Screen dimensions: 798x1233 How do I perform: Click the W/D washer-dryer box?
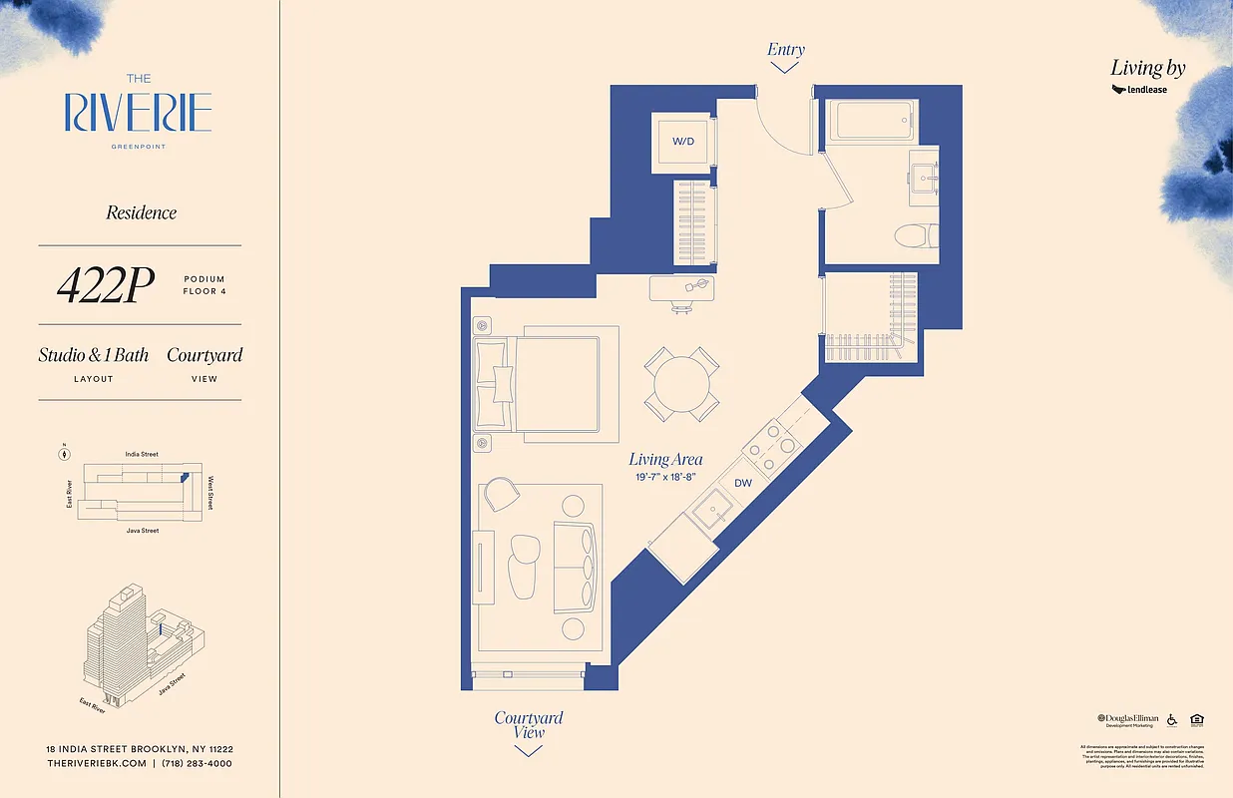tap(682, 143)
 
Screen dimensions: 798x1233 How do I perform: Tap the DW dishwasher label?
tap(743, 483)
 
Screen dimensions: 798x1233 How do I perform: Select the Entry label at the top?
tap(785, 50)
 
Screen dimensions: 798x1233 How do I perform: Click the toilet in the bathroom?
tap(915, 236)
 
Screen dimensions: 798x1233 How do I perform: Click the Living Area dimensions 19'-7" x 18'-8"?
tap(665, 478)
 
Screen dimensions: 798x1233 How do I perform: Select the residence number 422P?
tap(105, 286)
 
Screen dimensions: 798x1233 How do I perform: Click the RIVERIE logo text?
tap(138, 113)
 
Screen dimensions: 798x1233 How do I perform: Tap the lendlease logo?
tap(1139, 90)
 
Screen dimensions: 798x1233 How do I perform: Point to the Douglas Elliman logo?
tap(1128, 720)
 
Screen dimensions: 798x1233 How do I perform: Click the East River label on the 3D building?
tap(93, 705)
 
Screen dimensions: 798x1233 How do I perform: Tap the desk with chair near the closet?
tap(682, 289)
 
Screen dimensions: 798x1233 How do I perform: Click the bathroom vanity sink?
tap(924, 178)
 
